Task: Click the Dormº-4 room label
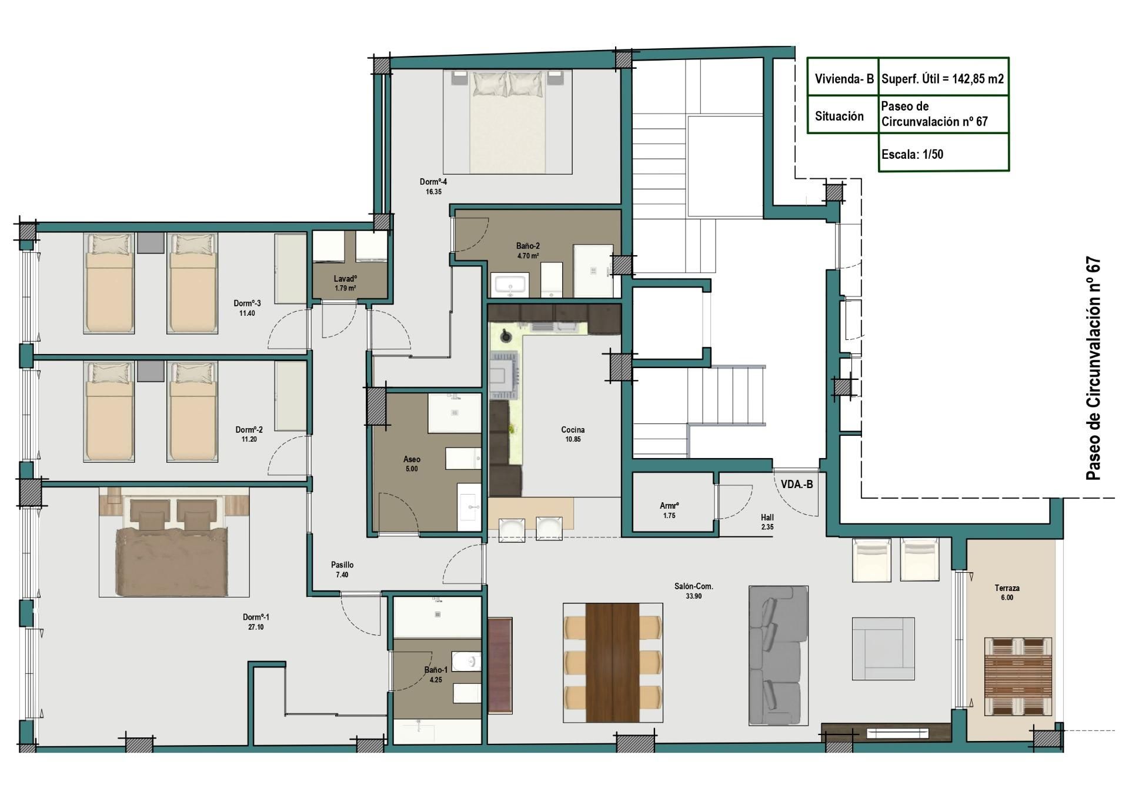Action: pyautogui.click(x=433, y=182)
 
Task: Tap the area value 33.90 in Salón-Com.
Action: pyautogui.click(x=693, y=596)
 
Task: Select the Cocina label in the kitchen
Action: pyautogui.click(x=573, y=430)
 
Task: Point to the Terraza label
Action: pyautogui.click(x=1007, y=588)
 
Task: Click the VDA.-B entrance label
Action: pyautogui.click(x=797, y=485)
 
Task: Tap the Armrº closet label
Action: pyautogui.click(x=669, y=506)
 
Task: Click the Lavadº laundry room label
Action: pyautogui.click(x=345, y=279)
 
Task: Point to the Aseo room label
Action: pyautogui.click(x=412, y=459)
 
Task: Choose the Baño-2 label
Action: pyautogui.click(x=528, y=246)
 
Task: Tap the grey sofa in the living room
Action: pyautogui.click(x=778, y=655)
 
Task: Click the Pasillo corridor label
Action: pyautogui.click(x=342, y=565)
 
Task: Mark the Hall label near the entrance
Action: pyautogui.click(x=767, y=517)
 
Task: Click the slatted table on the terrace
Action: pyautogui.click(x=1018, y=676)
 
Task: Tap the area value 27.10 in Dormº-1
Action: pyautogui.click(x=256, y=627)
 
